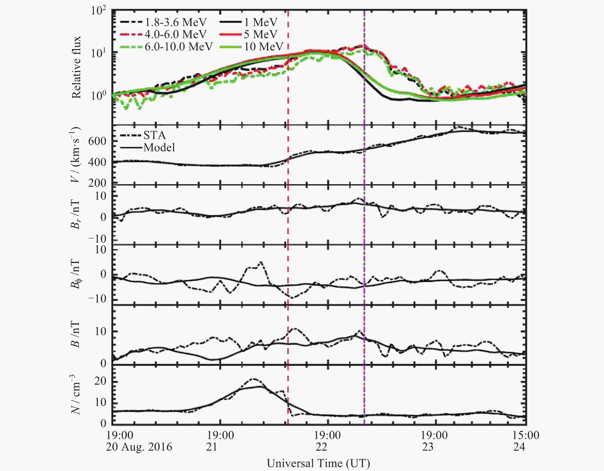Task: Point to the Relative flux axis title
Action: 76,67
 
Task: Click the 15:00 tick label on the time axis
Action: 526,435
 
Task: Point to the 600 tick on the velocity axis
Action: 97,141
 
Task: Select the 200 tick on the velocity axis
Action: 97,183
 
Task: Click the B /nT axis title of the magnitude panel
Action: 75,335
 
